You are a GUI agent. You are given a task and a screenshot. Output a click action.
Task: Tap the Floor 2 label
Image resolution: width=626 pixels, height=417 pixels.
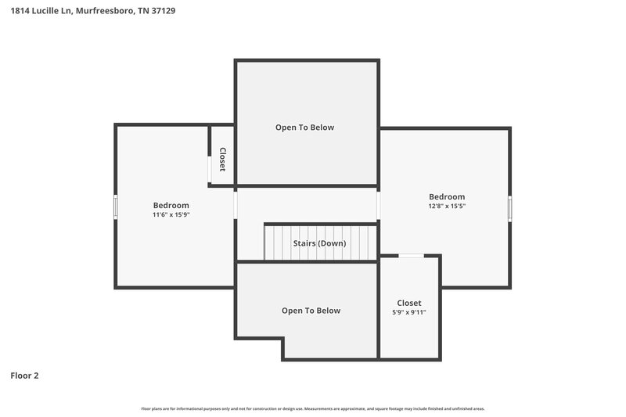pyautogui.click(x=24, y=376)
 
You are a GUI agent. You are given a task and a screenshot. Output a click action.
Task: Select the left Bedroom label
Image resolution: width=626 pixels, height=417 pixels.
pyautogui.click(x=171, y=205)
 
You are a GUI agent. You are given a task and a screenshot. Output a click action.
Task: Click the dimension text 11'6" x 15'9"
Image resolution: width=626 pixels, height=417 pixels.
pyautogui.click(x=171, y=214)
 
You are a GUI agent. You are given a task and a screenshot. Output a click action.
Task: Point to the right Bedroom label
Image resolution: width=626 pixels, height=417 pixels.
pyautogui.click(x=447, y=196)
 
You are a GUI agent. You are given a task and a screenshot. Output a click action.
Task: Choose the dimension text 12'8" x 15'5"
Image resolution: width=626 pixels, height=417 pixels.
pyautogui.click(x=447, y=206)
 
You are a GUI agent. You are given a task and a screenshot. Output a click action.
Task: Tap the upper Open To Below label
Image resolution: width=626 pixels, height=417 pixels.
pyautogui.click(x=304, y=127)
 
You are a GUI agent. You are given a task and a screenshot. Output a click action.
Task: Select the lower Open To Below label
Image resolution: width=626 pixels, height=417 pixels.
pyautogui.click(x=311, y=311)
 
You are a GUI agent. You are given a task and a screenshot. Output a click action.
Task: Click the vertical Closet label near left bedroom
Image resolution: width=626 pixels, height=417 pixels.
pyautogui.click(x=222, y=160)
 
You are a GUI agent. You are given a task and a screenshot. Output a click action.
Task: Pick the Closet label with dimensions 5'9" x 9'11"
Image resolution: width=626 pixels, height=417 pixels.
pyautogui.click(x=408, y=303)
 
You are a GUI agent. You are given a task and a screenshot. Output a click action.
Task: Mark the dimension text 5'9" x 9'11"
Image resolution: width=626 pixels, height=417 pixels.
pyautogui.click(x=408, y=312)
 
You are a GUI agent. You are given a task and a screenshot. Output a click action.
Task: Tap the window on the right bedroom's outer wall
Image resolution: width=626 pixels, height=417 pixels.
pyautogui.click(x=510, y=208)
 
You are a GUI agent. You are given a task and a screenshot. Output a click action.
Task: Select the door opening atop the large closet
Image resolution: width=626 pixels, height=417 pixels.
pyautogui.click(x=411, y=256)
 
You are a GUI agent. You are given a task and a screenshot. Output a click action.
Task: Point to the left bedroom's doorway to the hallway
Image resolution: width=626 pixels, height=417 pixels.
pyautogui.click(x=235, y=205)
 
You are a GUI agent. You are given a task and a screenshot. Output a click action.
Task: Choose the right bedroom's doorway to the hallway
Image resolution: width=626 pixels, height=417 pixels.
pyautogui.click(x=379, y=206)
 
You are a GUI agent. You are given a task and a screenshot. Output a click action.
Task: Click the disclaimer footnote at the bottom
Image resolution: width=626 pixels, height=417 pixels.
pyautogui.click(x=313, y=408)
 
